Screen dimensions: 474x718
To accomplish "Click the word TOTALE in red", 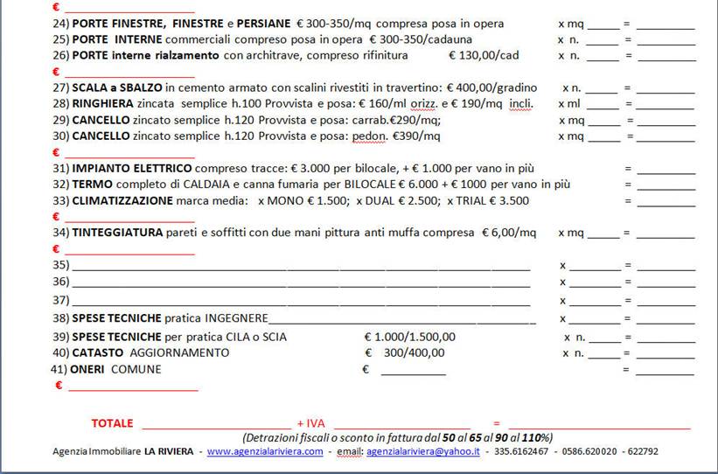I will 112,423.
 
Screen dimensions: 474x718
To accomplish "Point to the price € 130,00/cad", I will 483,56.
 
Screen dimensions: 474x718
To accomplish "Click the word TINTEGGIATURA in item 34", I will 118,233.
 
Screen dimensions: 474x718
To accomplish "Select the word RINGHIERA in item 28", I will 103,104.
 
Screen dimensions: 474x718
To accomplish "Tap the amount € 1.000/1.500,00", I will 409,337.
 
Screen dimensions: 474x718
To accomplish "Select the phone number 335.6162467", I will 521,452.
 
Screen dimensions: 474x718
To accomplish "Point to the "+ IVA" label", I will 310,423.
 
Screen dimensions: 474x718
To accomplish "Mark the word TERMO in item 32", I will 91,185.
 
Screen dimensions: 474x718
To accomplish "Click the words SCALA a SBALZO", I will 117,88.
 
